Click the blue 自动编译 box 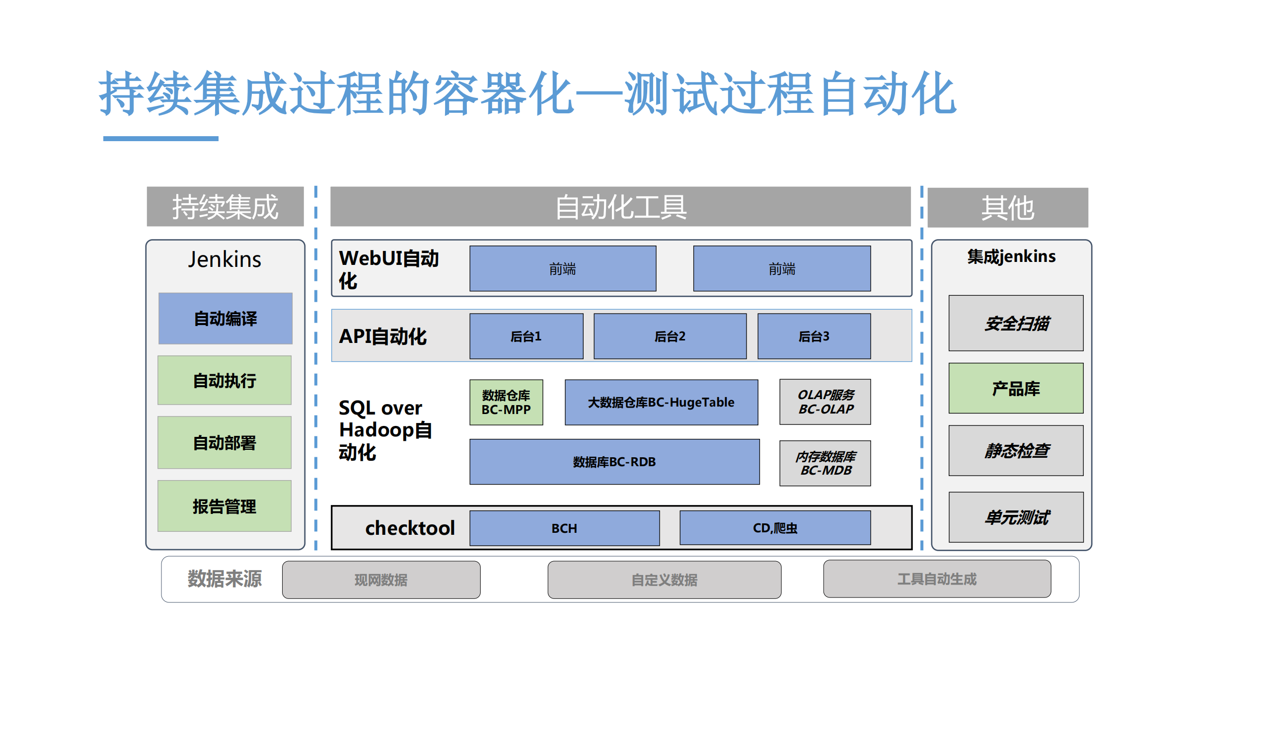(225, 318)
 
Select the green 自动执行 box (225, 380)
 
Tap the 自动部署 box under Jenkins (225, 442)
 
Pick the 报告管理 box (225, 506)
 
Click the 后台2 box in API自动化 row (670, 336)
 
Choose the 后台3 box (814, 336)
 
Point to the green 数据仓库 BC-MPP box (506, 402)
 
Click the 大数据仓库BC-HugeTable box (661, 402)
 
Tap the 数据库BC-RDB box (614, 462)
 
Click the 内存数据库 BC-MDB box (825, 463)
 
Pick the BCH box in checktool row (564, 528)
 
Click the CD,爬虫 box (775, 528)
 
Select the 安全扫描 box (1016, 323)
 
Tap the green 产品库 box (1016, 388)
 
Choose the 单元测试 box (1016, 517)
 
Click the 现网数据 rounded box (381, 579)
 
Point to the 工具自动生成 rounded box (937, 579)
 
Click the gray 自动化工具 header (620, 206)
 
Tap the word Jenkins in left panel (225, 259)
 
